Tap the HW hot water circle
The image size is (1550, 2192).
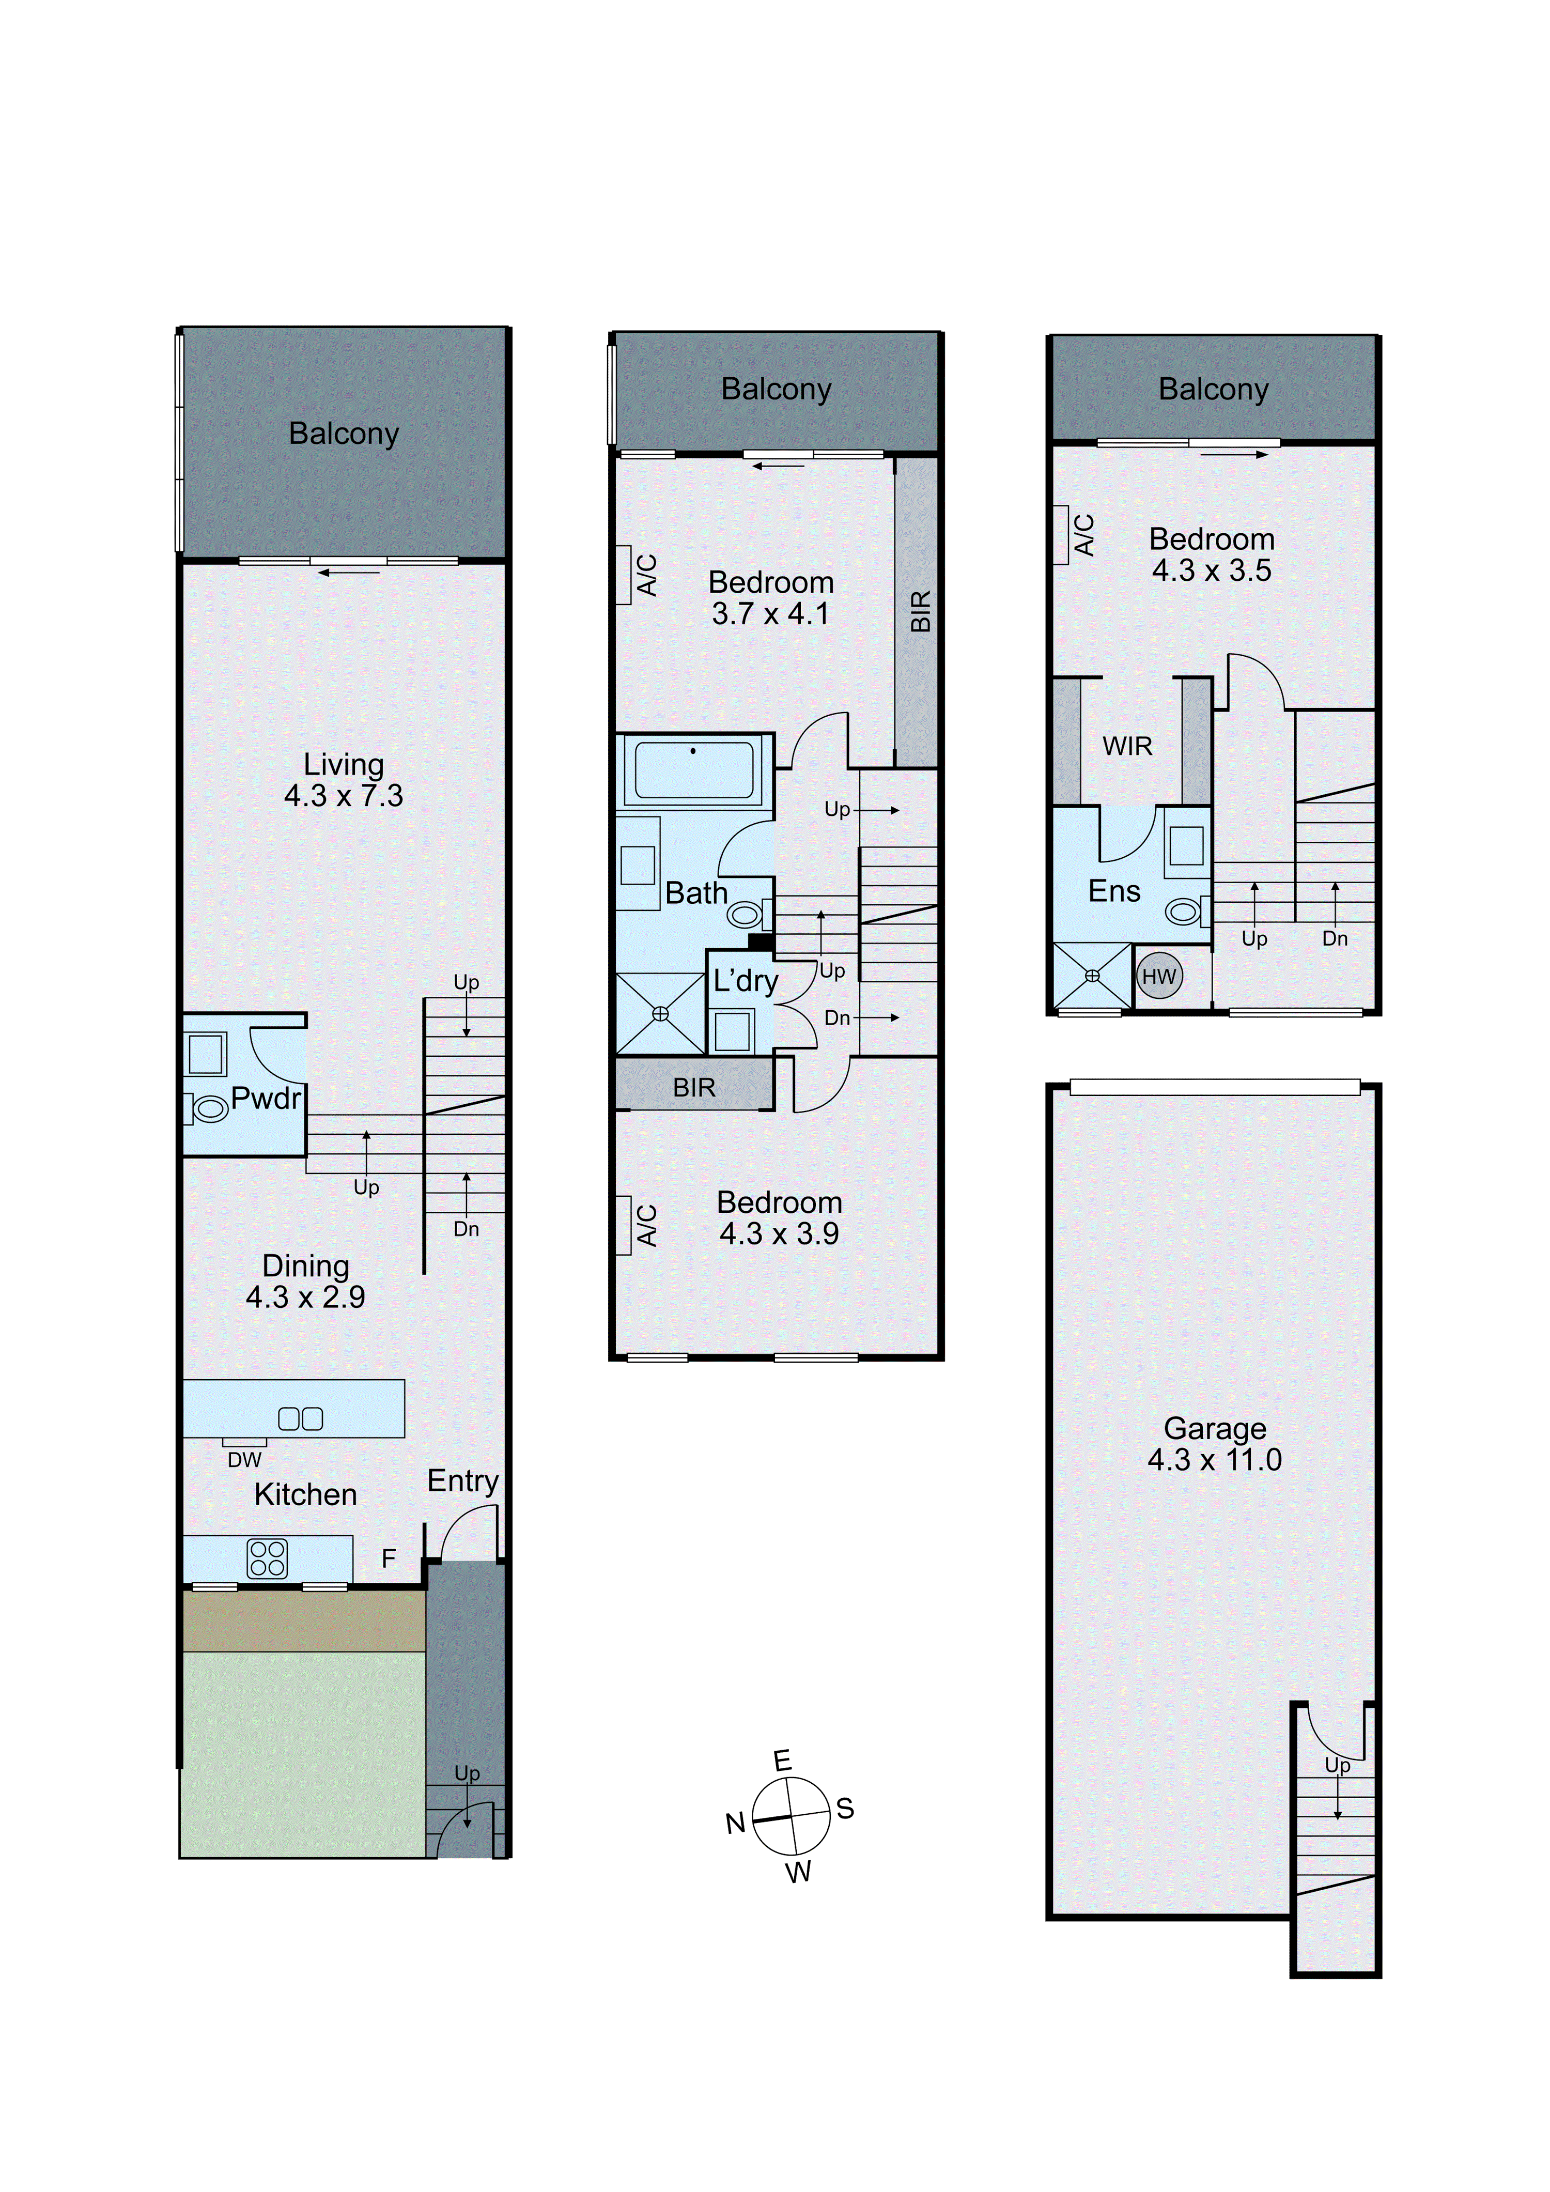coord(1159,977)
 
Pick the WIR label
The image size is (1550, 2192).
coord(1127,747)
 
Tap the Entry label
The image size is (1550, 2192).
coord(463,1481)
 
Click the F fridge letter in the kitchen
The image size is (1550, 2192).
coord(389,1559)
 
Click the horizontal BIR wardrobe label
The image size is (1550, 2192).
coord(694,1087)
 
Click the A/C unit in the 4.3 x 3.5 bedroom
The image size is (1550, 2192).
coord(1060,535)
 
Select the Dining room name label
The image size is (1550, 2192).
coord(305,1266)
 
